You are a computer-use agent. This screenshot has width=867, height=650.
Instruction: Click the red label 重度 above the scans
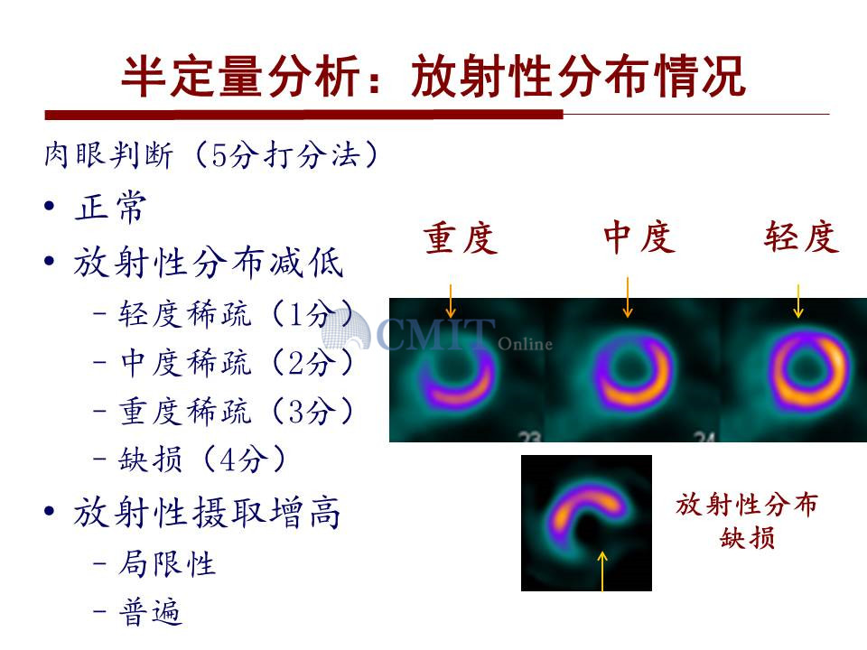tap(461, 237)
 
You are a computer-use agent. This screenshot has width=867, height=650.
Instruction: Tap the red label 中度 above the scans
tap(639, 237)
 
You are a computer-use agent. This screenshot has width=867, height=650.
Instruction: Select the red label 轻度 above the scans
tap(802, 237)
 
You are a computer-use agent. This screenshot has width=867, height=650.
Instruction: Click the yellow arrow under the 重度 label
tap(451, 302)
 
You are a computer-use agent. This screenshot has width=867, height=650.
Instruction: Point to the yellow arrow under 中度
tap(628, 297)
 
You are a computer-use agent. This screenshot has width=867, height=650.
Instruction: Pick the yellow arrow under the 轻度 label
tap(797, 302)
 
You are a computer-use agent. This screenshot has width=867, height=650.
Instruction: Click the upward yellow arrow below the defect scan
tap(602, 571)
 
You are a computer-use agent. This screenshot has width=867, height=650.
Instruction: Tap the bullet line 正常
tap(110, 207)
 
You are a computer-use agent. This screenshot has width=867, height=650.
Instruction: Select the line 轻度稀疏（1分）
tap(236, 314)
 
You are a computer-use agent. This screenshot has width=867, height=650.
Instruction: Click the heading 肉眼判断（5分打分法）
tap(211, 154)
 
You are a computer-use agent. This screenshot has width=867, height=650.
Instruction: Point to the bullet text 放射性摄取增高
tap(208, 512)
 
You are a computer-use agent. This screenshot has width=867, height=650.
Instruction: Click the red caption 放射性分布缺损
tap(747, 521)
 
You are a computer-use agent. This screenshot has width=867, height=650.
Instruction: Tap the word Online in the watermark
tap(525, 344)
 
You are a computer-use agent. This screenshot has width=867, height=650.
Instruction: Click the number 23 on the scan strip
tap(530, 437)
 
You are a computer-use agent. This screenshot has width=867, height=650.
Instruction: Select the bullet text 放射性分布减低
tap(209, 262)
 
